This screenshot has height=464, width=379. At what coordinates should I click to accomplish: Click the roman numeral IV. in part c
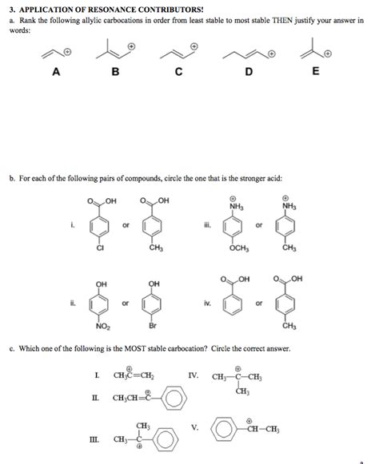(x=194, y=373)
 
